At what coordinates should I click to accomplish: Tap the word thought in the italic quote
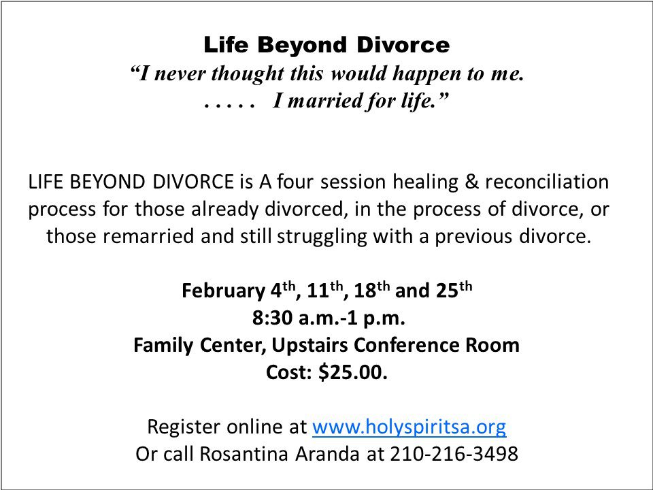pos(248,73)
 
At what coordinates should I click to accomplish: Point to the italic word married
pos(324,101)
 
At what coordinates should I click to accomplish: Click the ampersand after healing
pos(471,182)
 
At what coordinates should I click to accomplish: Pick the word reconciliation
pos(547,182)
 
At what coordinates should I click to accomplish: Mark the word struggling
pos(322,237)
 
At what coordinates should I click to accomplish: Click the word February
pos(224,291)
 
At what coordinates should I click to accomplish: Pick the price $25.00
pos(353,372)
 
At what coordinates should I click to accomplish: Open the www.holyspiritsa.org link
pos(409,427)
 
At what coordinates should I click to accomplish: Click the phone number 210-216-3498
pos(454,454)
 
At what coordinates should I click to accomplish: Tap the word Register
pos(184,427)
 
